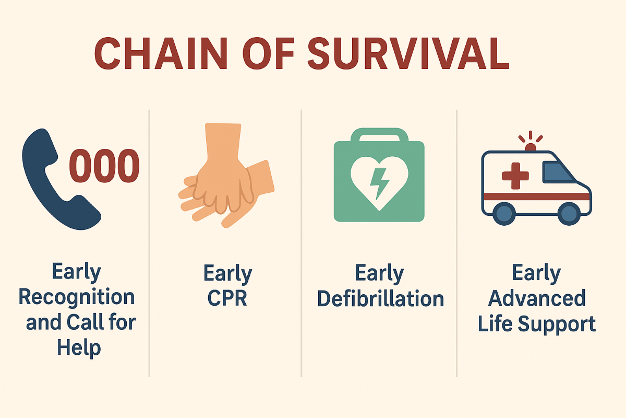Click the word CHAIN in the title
coord(161,53)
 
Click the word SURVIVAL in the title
coord(408,53)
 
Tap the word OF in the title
coord(269,53)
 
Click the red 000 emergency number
coord(104,166)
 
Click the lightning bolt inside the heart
coord(380,184)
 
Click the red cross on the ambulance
coord(515,176)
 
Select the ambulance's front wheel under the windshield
coord(569,214)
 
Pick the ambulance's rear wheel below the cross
coord(504,214)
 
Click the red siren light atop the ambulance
coord(531,147)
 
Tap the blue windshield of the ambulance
coord(558,172)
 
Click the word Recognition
coord(77,297)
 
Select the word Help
coord(79,348)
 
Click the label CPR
coord(227,298)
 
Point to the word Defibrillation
coord(381,299)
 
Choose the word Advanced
coord(537,298)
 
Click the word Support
coord(557,324)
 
